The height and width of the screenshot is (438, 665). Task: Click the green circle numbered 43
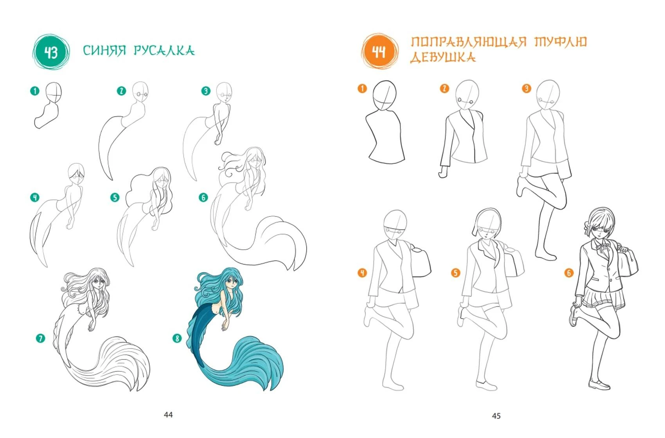tap(51, 52)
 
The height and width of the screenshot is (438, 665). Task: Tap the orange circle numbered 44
tap(380, 51)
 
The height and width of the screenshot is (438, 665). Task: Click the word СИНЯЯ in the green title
tap(104, 50)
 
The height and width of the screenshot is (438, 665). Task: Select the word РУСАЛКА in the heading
tap(164, 50)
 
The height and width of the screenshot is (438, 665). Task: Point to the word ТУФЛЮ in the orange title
tap(561, 42)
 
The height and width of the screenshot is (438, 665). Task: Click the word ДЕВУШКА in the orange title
tap(443, 57)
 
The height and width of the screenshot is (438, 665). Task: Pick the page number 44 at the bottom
tap(168, 415)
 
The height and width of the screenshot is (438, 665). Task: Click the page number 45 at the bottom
tap(496, 416)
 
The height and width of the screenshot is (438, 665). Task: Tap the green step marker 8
tap(177, 338)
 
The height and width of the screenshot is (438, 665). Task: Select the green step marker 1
tap(35, 91)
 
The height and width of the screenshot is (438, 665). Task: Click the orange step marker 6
tap(569, 273)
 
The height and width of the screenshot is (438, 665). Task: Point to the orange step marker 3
tap(527, 88)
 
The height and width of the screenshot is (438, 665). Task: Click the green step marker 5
tap(115, 197)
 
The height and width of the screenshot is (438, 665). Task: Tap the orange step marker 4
tap(362, 273)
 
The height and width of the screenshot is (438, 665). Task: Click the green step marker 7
tap(40, 338)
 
